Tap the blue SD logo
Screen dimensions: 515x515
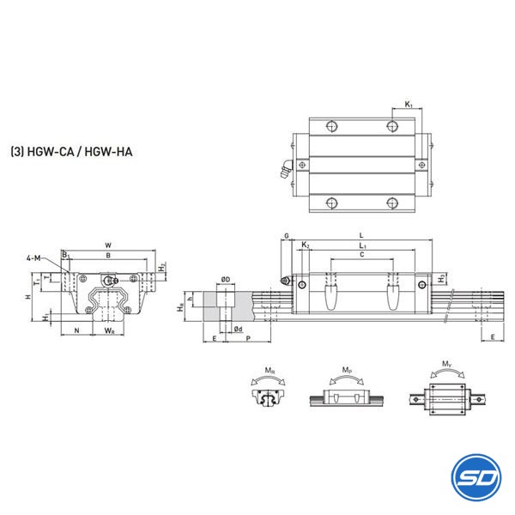coord(476,477)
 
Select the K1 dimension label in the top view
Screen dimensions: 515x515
coord(409,105)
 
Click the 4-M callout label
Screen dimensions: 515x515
coord(33,258)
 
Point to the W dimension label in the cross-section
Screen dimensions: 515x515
coord(108,245)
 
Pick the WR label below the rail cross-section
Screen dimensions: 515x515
coord(109,330)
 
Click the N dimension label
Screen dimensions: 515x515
coord(77,330)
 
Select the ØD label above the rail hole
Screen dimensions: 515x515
coord(226,280)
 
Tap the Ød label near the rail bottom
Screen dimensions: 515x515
coord(239,329)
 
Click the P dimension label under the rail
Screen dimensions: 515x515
coord(248,338)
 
